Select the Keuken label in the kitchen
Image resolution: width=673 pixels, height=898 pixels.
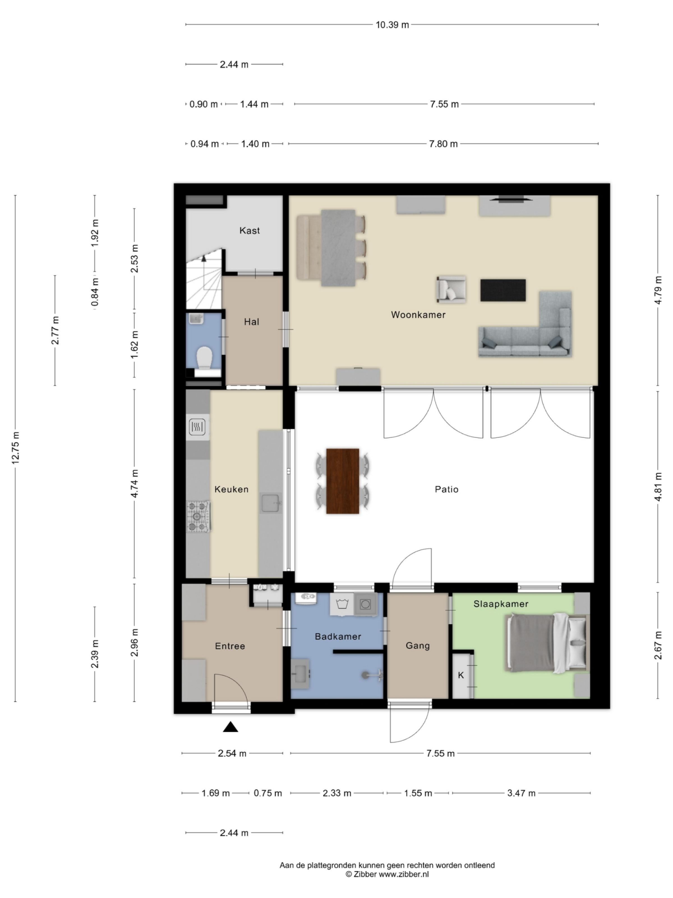(231, 489)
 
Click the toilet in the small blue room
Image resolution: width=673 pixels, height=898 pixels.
(204, 357)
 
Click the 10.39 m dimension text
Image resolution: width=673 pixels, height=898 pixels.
(392, 25)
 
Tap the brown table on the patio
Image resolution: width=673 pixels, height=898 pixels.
(342, 481)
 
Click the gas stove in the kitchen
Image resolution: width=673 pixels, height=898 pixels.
(198, 516)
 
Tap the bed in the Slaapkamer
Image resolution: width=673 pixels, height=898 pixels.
(546, 642)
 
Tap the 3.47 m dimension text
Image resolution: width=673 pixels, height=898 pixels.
(521, 793)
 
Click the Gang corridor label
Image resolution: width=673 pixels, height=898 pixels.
(418, 645)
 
